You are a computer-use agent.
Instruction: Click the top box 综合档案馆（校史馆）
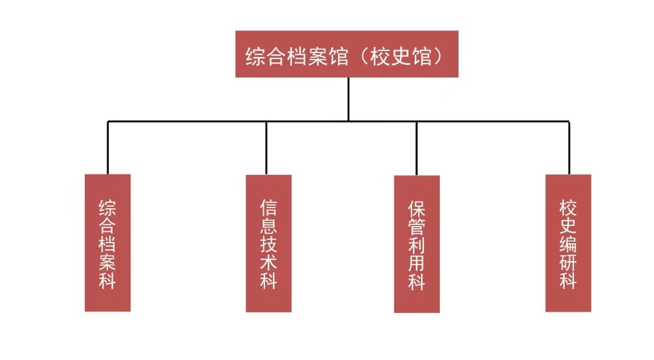[347, 54]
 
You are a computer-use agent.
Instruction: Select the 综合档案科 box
[107, 243]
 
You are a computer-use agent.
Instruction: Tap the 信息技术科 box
[268, 243]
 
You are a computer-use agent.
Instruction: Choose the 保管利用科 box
[417, 244]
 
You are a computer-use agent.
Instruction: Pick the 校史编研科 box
[568, 243]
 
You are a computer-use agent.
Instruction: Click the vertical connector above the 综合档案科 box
[108, 147]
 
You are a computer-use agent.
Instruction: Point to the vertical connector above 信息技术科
[266, 148]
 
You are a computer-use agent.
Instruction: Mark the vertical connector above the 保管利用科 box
[417, 148]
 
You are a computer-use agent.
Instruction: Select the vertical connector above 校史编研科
[569, 148]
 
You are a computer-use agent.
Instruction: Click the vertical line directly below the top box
[348, 99]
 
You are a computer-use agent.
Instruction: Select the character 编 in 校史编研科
[568, 244]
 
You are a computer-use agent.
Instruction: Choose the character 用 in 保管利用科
[417, 263]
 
